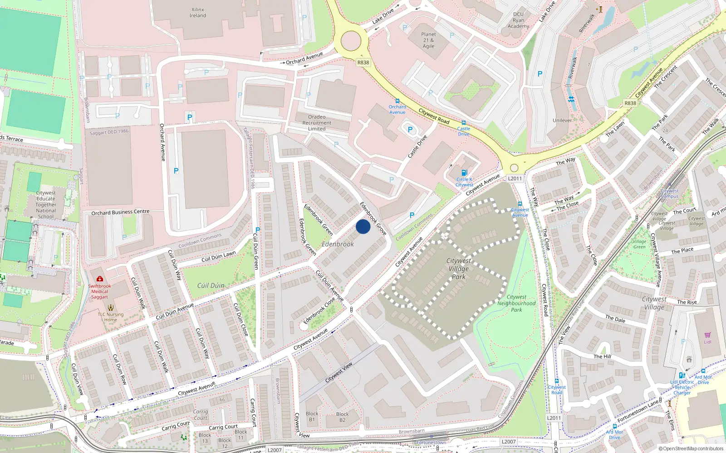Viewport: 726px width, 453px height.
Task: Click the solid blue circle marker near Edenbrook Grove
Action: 363,226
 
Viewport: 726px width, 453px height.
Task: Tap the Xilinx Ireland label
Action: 198,13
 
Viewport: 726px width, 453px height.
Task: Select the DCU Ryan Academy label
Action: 518,20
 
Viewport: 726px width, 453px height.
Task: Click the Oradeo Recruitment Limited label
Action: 317,123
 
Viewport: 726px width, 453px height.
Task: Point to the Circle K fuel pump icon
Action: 464,173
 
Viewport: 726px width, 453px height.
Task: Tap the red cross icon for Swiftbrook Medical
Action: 100,279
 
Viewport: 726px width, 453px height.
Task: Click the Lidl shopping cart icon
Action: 707,335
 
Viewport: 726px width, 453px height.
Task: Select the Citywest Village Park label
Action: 459,269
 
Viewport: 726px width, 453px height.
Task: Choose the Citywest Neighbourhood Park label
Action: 516,304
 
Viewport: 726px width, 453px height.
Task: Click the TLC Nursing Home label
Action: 110,317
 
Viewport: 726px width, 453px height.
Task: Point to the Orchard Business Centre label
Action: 120,212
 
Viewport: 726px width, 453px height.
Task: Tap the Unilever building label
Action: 562,120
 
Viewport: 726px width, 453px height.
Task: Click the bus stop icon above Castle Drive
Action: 463,123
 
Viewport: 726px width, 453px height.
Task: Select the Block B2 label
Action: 342,417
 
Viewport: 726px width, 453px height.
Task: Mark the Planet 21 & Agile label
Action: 428,40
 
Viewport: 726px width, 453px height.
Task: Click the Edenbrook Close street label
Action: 319,310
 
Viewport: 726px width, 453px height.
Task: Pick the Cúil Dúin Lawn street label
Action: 219,257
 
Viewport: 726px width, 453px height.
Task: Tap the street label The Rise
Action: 687,302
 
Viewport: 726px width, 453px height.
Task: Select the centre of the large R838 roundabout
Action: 351,41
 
